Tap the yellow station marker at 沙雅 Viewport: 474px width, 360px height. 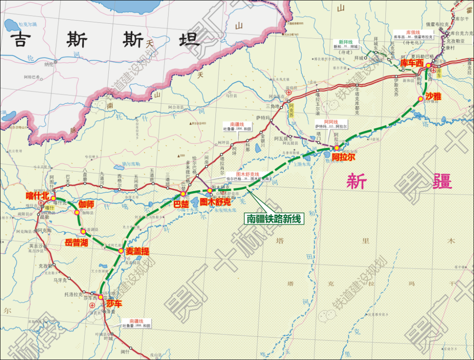[x=420, y=99]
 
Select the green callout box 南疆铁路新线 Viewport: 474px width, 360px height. [x=274, y=218]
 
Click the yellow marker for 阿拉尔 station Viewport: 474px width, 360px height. [x=337, y=148]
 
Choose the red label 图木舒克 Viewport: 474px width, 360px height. [x=215, y=202]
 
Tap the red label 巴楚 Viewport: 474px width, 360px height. [x=181, y=204]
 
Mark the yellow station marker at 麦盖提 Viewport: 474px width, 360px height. [x=121, y=251]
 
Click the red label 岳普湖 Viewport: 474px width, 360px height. [x=76, y=243]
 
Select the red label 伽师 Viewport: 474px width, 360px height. [x=86, y=205]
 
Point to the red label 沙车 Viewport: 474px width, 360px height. [x=114, y=304]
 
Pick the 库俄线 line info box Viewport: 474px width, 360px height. [x=413, y=35]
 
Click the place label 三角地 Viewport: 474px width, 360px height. [x=273, y=106]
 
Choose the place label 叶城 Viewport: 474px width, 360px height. [x=108, y=338]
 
